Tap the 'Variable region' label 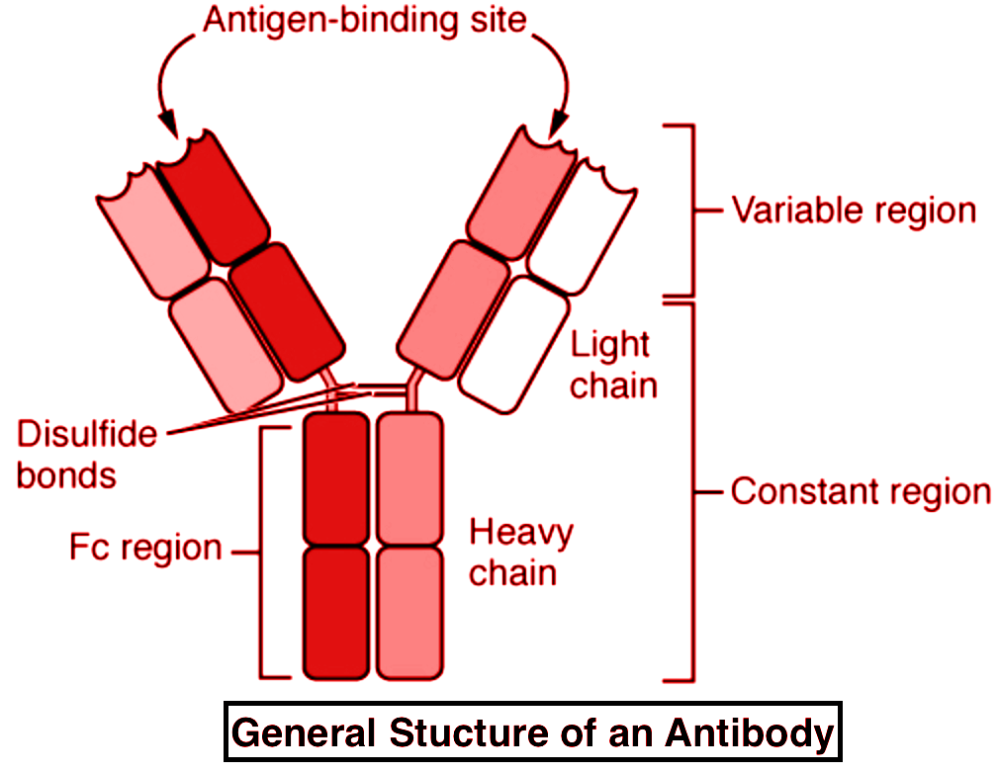coord(853,211)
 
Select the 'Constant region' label coord(861,491)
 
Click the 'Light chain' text coord(612,364)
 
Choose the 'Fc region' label coord(145,548)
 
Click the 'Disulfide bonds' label coord(87,454)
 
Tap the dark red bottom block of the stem coord(335,613)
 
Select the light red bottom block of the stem coord(409,613)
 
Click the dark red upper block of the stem coord(335,478)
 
